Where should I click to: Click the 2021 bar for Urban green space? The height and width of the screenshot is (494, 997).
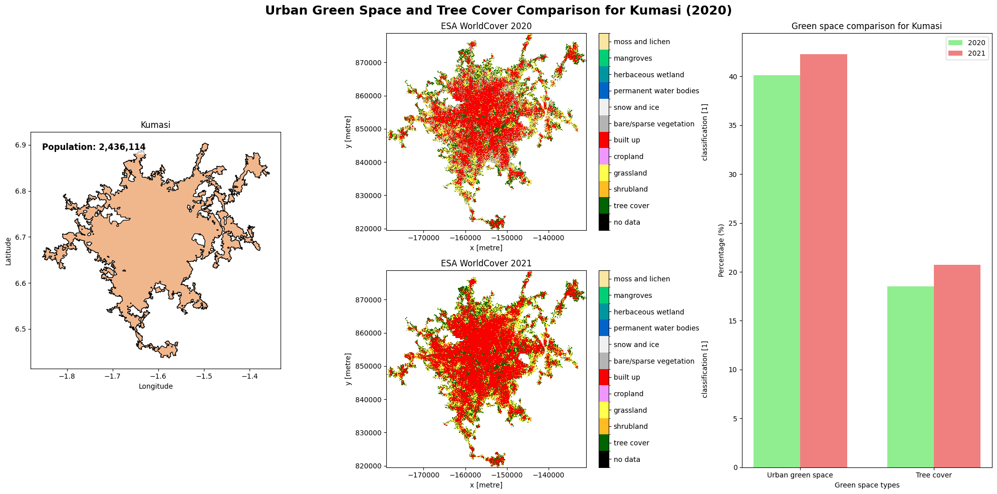coord(823,261)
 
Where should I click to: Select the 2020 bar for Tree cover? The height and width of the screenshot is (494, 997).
coord(910,377)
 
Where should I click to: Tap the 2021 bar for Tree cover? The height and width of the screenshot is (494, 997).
coord(957,366)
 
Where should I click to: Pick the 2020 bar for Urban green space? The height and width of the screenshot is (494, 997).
coord(777,271)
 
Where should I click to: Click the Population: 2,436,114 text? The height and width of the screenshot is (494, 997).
coord(94,147)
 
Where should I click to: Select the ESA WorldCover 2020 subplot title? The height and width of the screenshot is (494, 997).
coord(486,26)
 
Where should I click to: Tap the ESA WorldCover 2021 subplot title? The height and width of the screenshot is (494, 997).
coord(486,263)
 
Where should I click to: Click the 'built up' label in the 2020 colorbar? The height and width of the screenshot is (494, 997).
coord(626,140)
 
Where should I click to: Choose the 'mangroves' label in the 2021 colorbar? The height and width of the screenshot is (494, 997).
coord(632,296)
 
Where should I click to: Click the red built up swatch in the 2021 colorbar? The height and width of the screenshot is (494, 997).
coord(604,377)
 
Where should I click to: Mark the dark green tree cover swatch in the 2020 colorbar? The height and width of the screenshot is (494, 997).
coord(604,206)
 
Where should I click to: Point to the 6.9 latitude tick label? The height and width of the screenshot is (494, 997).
coord(21,145)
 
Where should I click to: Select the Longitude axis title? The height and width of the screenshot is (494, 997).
coord(155,387)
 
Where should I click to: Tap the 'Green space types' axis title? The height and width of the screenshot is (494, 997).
coord(867,485)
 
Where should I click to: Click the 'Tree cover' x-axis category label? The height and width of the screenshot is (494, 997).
coord(933,475)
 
